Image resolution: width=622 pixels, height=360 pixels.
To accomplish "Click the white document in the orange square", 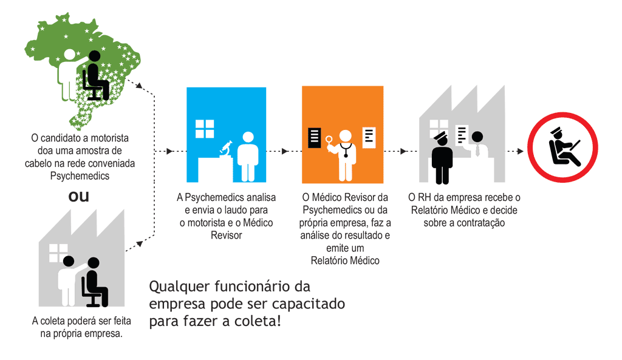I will [x=369, y=138].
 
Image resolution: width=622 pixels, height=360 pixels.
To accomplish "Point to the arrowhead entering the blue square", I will [x=169, y=151].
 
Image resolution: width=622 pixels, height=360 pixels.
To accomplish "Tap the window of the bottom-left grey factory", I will [x=58, y=252].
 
